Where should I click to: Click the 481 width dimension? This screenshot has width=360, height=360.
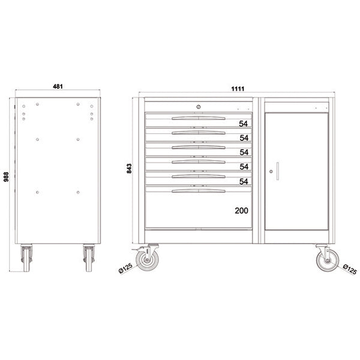pos(58,86)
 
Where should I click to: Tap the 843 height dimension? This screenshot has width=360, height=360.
pos(129,169)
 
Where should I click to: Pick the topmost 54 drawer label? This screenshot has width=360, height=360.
pos(244,124)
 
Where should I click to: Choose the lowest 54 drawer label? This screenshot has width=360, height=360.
pos(244,181)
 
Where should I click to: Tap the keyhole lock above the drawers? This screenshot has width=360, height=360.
pos(199,107)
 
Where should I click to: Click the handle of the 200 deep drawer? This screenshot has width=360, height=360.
pos(199,191)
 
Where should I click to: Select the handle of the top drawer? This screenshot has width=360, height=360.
pos(199,118)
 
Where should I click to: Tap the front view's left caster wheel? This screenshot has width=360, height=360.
pos(146,259)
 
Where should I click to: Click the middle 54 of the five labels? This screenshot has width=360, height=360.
pos(244,152)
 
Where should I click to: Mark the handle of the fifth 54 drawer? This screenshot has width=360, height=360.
pos(199,176)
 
